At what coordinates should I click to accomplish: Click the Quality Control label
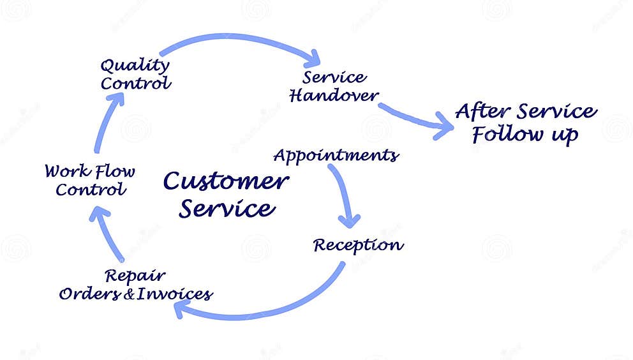[135, 74]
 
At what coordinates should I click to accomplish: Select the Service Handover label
[334, 87]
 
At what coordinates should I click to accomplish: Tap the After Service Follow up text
[526, 123]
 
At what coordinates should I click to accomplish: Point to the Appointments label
[336, 155]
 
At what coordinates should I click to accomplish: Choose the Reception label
[358, 245]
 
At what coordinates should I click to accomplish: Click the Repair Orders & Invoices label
[135, 285]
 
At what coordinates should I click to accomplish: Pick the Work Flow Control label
[89, 181]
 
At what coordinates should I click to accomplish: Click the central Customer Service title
[227, 195]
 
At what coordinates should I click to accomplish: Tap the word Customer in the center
[226, 181]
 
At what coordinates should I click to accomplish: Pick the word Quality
[135, 65]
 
